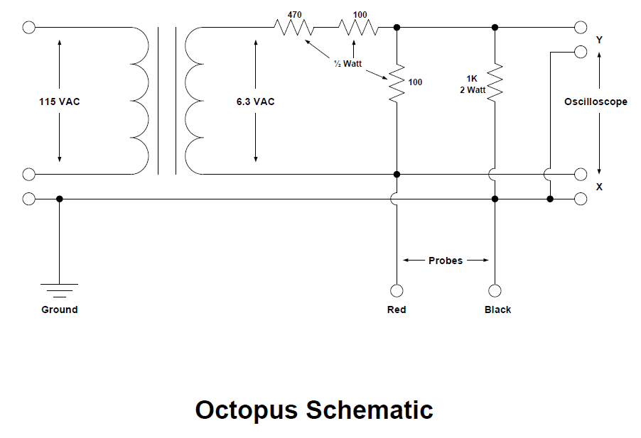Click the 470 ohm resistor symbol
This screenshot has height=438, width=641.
[294, 28]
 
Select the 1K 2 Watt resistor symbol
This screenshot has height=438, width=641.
[495, 82]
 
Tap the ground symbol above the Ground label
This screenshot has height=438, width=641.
[59, 290]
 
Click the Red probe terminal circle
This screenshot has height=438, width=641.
[397, 290]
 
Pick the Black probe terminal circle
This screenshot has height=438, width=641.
[495, 290]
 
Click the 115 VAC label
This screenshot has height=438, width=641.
[59, 102]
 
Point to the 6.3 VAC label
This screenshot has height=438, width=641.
[256, 102]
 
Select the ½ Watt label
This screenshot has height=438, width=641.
[348, 64]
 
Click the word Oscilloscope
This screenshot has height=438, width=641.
[596, 102]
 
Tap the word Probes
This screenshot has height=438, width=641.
[446, 261]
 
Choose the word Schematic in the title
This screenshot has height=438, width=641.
[370, 410]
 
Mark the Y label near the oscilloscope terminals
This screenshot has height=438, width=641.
[599, 40]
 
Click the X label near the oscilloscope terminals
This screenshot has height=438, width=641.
[599, 187]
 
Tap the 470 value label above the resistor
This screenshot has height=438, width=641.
[294, 15]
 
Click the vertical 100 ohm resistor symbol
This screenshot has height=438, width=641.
[397, 82]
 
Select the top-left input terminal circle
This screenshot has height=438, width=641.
[28, 28]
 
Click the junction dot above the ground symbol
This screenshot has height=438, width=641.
[59, 199]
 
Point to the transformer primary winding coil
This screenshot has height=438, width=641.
[140, 101]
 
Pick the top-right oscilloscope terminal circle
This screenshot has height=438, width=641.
[581, 28]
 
